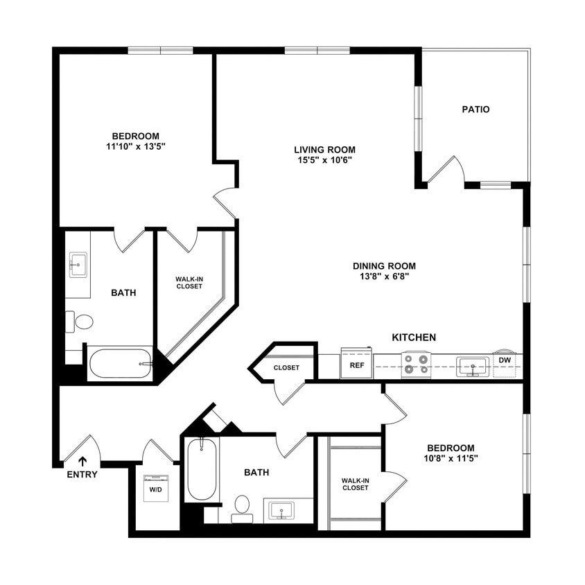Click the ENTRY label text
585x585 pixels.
[82, 475]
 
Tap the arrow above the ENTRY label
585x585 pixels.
[82, 460]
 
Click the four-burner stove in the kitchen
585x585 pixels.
[416, 365]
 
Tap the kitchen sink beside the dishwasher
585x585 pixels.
[473, 366]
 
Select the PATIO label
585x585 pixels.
[475, 110]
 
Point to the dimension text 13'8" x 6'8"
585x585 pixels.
[384, 277]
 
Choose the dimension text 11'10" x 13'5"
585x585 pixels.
[136, 147]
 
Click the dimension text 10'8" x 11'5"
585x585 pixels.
[451, 458]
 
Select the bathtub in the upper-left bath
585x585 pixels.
[120, 363]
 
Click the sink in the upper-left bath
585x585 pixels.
[78, 264]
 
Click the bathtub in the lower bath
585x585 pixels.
[202, 469]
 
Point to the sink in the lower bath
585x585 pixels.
[281, 511]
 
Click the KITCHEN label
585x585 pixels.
[414, 338]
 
